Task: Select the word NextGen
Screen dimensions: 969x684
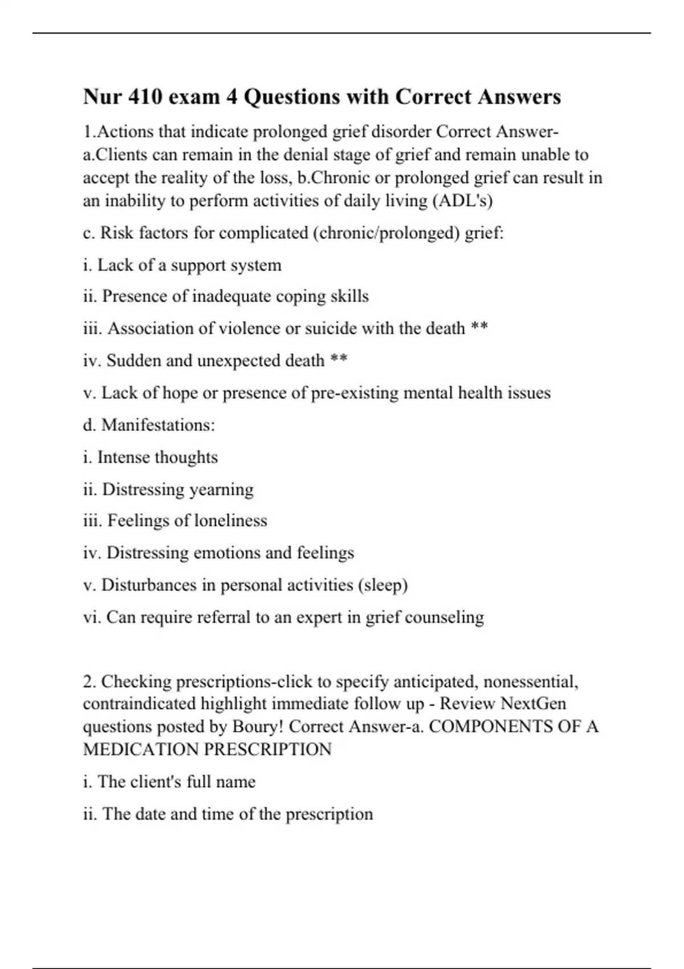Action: click(533, 703)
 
